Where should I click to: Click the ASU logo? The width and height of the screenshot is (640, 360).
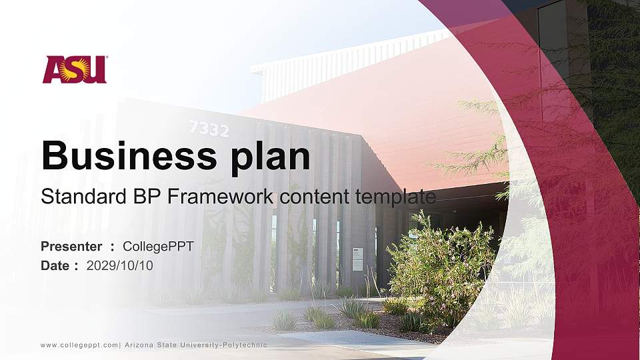tap(75, 69)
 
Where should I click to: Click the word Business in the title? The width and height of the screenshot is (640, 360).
tap(124, 156)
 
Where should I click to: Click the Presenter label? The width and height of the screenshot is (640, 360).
tap(71, 247)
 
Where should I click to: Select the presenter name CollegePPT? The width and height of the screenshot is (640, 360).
tap(158, 247)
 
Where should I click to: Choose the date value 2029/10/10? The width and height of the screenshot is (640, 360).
tap(119, 265)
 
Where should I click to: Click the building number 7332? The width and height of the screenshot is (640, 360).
tap(209, 129)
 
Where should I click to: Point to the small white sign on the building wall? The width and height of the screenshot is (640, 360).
tap(357, 259)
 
